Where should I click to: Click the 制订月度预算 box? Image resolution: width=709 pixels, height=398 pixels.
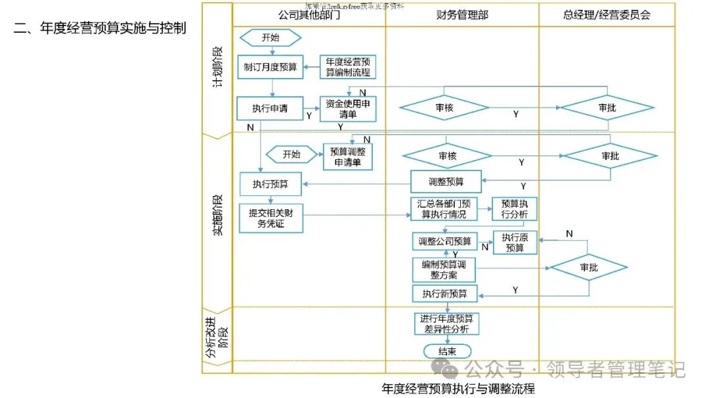pos(270,67)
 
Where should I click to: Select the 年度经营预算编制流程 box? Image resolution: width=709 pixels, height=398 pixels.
pos(348,67)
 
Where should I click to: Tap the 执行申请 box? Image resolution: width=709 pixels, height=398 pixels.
pos(270,108)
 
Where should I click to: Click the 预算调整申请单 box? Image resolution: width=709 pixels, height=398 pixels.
pos(348,157)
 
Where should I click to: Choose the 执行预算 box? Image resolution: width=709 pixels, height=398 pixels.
pos(270,184)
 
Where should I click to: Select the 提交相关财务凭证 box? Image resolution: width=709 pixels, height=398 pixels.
pos(270,218)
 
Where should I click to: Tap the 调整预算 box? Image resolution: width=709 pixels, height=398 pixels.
pos(446,182)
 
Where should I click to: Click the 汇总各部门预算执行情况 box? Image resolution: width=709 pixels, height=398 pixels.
pos(446,209)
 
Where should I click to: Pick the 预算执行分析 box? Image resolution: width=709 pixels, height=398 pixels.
pos(515,209)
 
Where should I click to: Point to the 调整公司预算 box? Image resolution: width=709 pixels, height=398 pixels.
pos(445,241)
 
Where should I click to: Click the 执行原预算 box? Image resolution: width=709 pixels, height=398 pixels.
pos(515,243)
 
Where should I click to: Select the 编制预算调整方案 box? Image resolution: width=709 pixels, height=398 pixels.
pos(444,269)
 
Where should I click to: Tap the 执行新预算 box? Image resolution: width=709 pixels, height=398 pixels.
pos(444,293)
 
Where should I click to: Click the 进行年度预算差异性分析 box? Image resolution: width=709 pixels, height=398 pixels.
pos(446,323)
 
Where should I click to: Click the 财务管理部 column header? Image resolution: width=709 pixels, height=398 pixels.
pos(462,14)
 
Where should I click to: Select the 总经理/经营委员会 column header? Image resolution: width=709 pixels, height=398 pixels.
pos(607,14)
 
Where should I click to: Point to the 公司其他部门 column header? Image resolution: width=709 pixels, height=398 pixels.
pos(309,14)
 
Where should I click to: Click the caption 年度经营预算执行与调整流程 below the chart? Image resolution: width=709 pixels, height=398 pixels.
pos(458,388)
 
